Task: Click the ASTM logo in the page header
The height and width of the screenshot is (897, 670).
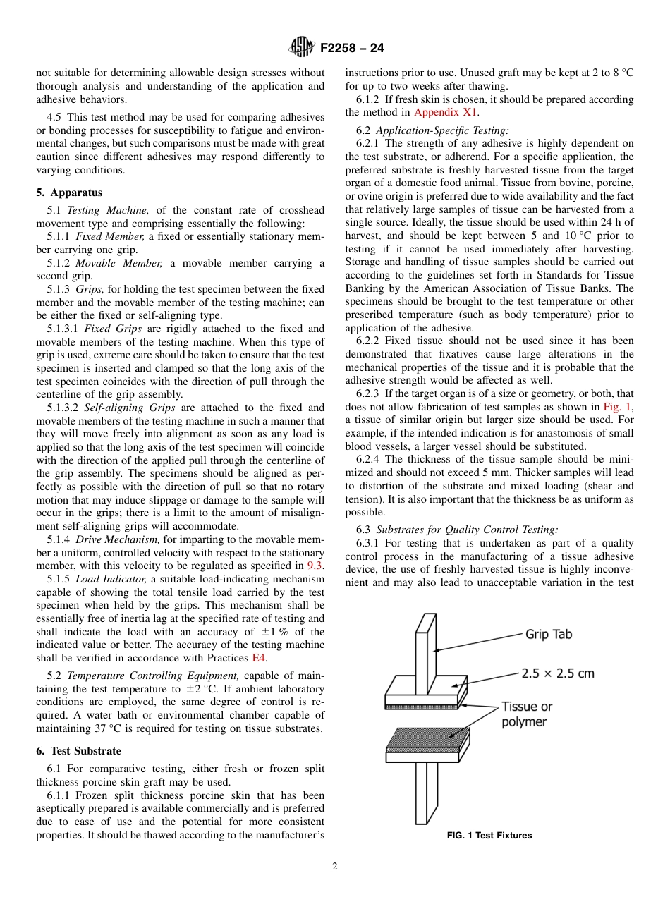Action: click(302, 48)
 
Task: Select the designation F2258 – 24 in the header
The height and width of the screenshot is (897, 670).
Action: click(352, 49)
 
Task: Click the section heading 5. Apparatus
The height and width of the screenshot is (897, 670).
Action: click(69, 193)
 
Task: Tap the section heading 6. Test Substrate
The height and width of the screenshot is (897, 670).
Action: click(78, 751)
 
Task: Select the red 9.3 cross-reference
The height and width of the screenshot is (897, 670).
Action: click(315, 566)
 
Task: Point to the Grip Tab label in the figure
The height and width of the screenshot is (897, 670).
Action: click(549, 634)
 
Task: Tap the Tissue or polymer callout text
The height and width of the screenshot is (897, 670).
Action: click(526, 714)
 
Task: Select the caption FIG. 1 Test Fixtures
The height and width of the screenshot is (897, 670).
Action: click(489, 836)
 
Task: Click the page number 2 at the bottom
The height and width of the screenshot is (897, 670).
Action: click(335, 867)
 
